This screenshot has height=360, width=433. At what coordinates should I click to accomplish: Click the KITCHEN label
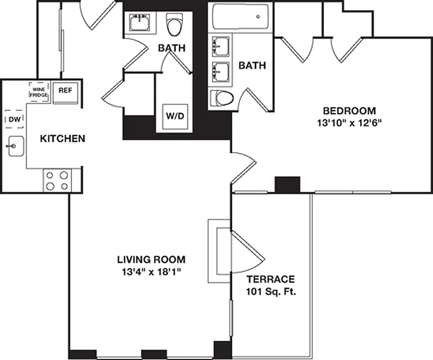tap(63, 138)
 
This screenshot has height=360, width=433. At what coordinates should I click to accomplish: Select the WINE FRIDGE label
tap(39, 92)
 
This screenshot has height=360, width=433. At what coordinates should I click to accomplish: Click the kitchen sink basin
tap(14, 146)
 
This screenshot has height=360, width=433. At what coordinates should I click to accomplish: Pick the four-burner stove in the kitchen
tap(57, 180)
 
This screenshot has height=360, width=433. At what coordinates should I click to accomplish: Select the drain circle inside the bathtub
tap(258, 17)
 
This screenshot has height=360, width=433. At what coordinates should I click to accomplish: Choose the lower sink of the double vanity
tap(220, 71)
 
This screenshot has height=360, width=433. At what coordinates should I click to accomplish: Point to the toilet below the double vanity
tap(222, 97)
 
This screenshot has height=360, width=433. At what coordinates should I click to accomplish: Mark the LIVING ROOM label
tap(151, 260)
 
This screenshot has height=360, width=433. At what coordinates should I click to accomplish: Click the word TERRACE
tap(271, 279)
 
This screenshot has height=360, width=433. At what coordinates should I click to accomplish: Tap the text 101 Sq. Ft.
tap(271, 292)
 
